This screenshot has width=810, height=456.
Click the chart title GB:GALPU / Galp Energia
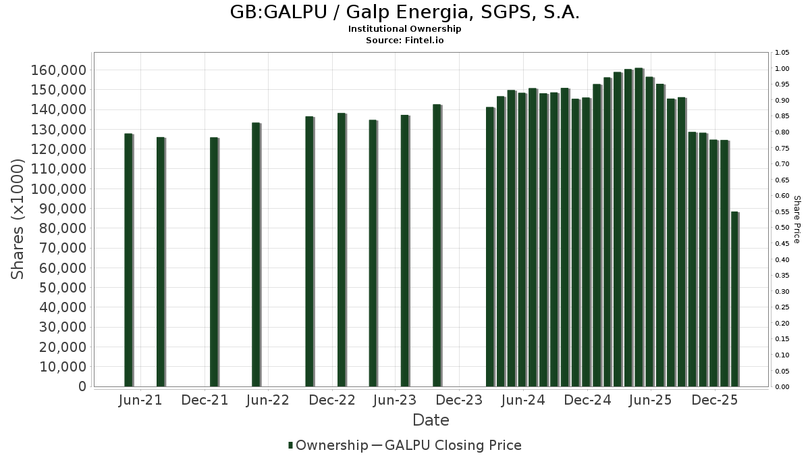coord(404,13)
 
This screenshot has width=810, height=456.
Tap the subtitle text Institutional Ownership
coord(404,29)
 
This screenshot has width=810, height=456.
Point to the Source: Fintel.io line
coord(404,40)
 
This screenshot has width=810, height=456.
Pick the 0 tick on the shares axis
coord(81,386)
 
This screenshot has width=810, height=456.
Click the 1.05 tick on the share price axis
coord(782,53)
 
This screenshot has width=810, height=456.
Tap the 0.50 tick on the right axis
coord(782,228)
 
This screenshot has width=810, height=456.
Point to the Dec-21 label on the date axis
coord(205,401)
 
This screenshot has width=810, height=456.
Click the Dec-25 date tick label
coord(714,401)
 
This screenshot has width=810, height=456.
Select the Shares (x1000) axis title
coord(18,219)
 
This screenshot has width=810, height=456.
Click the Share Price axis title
coord(796,219)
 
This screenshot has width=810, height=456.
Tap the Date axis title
coord(431,420)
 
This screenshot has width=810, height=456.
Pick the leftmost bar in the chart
coord(128,260)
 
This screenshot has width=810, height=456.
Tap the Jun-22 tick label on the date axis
coord(268,401)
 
